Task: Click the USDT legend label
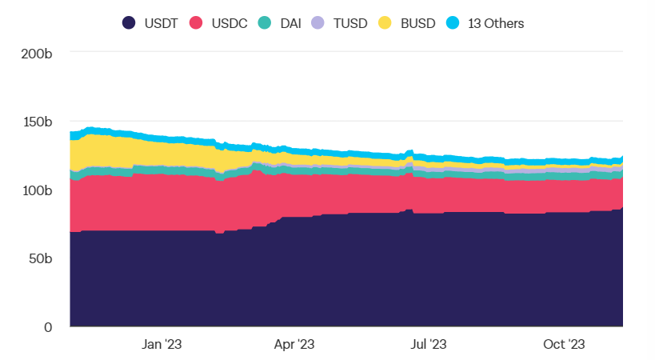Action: click(160, 23)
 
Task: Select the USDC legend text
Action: click(229, 23)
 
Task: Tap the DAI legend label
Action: click(292, 23)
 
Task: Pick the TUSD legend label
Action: click(349, 23)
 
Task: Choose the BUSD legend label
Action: click(417, 23)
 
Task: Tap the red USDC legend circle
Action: click(196, 23)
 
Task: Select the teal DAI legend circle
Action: click(266, 23)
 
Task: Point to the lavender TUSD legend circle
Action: click(318, 23)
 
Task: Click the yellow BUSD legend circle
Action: click(385, 23)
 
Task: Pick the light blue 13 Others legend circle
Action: click(453, 23)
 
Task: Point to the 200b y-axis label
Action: click(38, 54)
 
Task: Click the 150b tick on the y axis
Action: click(38, 122)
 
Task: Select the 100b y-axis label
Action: click(38, 190)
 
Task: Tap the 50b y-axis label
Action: click(41, 258)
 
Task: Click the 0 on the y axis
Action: click(48, 326)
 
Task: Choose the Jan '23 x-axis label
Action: click(162, 345)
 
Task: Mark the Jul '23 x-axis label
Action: click(429, 345)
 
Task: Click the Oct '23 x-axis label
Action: click(564, 345)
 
